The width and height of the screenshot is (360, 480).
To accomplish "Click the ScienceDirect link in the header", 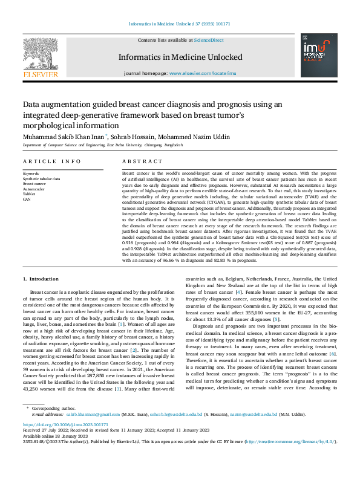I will coord(209,40).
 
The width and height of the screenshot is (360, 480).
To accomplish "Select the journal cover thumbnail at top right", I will coord(319,57).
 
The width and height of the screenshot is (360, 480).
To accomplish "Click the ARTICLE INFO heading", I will coord(51,161).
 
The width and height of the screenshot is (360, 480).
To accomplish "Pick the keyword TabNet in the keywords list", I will coord(29,193).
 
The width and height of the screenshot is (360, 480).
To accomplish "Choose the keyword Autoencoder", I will coord(33,189).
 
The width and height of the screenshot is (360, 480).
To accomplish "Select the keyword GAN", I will coord(27,198).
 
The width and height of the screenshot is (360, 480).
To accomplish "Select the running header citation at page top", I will coord(180,24).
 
